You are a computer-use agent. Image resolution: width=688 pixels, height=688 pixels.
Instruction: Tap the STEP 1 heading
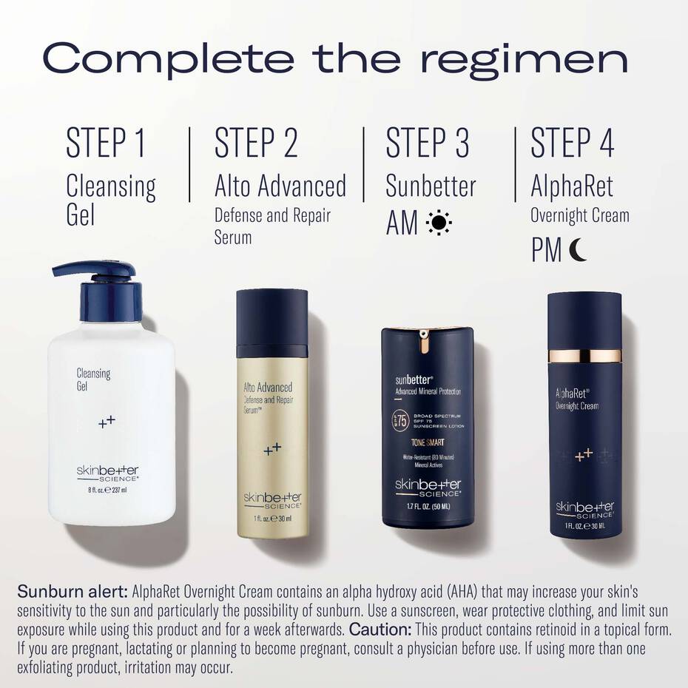pyautogui.click(x=105, y=143)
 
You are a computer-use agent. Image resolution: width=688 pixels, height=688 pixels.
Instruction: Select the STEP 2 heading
pyautogui.click(x=256, y=143)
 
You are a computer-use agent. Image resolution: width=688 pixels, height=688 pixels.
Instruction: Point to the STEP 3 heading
pyautogui.click(x=428, y=143)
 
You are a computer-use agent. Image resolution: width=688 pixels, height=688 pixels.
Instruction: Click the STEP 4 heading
pyautogui.click(x=573, y=143)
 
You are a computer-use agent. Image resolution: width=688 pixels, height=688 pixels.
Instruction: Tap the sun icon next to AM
pyautogui.click(x=439, y=223)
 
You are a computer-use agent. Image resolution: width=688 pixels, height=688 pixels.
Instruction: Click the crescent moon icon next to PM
pyautogui.click(x=578, y=252)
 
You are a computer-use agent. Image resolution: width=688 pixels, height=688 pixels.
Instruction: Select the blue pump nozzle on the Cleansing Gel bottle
pyautogui.click(x=84, y=270)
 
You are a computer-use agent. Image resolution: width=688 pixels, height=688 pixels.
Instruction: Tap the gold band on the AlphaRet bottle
pyautogui.click(x=584, y=356)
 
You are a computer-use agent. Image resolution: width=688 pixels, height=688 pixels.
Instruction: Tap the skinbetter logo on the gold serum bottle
pyautogui.click(x=272, y=499)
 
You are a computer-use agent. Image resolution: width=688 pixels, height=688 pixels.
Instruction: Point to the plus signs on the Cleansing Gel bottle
pyautogui.click(x=107, y=422)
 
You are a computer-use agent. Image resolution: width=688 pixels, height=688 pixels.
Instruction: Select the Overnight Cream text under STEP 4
pyautogui.click(x=579, y=215)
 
